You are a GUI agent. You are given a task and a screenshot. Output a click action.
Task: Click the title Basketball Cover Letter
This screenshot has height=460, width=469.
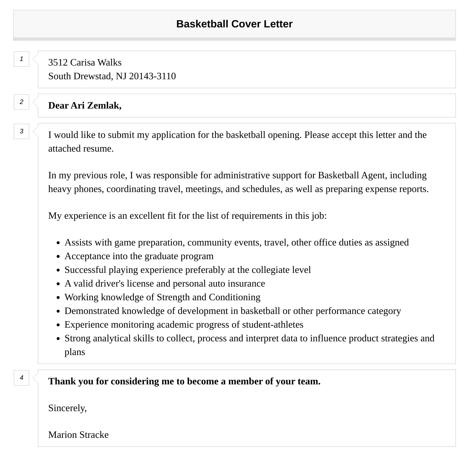(x=234, y=24)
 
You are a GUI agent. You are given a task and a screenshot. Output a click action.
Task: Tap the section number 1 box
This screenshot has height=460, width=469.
(x=21, y=59)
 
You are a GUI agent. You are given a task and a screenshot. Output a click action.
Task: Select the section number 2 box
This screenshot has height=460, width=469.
(x=21, y=102)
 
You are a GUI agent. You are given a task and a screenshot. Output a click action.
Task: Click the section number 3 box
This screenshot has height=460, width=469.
(x=21, y=131)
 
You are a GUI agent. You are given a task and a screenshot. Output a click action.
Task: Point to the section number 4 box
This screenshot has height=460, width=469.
(x=21, y=378)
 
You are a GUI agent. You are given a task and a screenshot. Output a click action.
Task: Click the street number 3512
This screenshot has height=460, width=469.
(x=58, y=62)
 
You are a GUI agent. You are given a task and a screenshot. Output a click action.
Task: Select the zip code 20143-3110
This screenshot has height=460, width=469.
(x=152, y=76)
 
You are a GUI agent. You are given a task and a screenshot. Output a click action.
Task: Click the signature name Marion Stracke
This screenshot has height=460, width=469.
(x=78, y=435)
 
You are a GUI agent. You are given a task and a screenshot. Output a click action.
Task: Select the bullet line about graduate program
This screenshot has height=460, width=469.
(x=139, y=256)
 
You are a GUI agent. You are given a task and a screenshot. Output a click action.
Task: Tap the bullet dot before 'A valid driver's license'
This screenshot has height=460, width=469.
(x=58, y=284)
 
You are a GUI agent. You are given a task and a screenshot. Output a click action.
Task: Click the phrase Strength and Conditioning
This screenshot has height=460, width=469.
(x=208, y=297)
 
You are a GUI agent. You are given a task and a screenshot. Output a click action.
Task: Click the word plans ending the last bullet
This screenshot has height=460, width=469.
(x=75, y=352)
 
